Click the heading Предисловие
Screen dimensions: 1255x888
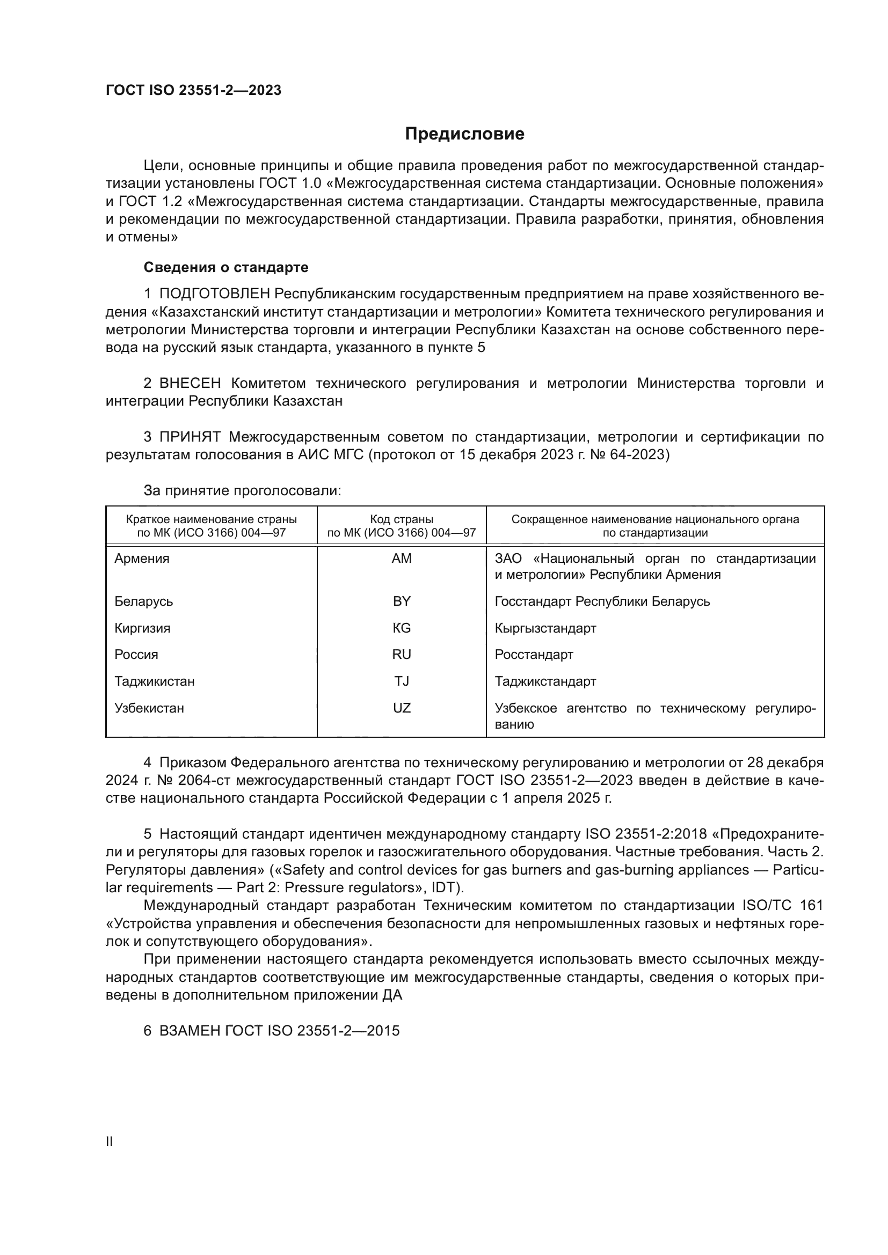pos(464,134)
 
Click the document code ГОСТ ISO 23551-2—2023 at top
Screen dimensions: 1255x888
pos(193,90)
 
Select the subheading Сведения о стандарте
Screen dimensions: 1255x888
pos(226,267)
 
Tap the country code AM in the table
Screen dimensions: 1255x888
pos(402,559)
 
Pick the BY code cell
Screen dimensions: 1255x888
pos(402,601)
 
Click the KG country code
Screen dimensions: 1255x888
pos(402,628)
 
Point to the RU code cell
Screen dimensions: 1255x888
pos(402,654)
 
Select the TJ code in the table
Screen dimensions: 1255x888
pos(402,681)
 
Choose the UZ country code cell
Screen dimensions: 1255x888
pos(402,708)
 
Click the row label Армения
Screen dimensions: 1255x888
pos(142,559)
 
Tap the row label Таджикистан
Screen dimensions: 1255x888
pos(154,681)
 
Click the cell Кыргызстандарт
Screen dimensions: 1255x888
pos(545,628)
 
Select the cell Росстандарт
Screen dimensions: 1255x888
pos(534,654)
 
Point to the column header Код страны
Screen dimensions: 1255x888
pos(402,519)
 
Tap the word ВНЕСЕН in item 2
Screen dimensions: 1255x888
pos(190,383)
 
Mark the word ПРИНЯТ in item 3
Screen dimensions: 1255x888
pos(190,437)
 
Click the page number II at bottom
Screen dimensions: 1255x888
pos(110,1141)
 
